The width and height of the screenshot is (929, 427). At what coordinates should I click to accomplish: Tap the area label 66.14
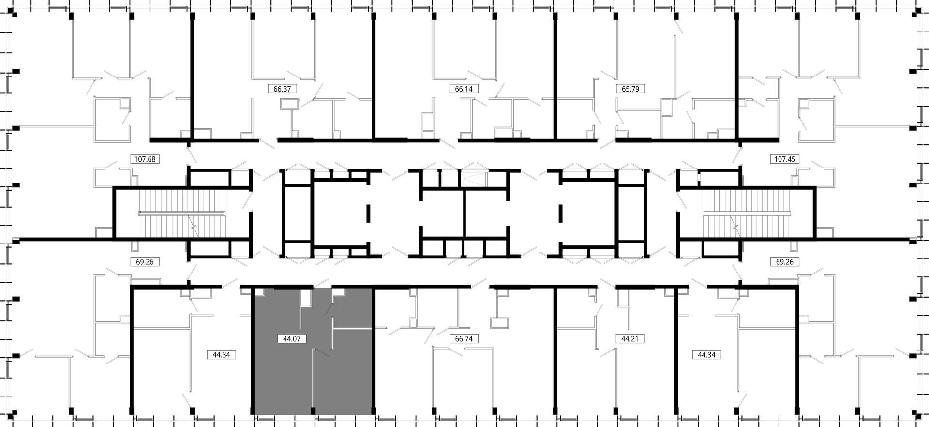point(464,89)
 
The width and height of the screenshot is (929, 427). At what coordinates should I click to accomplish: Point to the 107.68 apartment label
point(145,159)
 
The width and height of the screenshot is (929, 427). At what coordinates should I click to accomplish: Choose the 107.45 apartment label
point(784,159)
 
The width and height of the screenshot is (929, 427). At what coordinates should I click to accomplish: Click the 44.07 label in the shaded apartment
point(292,339)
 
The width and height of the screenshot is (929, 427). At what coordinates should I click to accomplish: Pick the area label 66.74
point(464,339)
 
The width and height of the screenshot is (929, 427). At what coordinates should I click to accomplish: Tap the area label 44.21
point(630,339)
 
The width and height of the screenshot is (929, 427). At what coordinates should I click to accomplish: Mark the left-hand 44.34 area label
point(221,355)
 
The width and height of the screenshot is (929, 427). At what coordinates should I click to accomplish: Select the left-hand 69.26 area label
point(145,262)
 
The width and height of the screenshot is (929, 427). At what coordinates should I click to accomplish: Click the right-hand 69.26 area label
point(784,262)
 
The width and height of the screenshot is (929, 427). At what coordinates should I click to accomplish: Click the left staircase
point(183,213)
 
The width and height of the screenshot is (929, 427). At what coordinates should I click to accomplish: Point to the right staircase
point(746,213)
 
